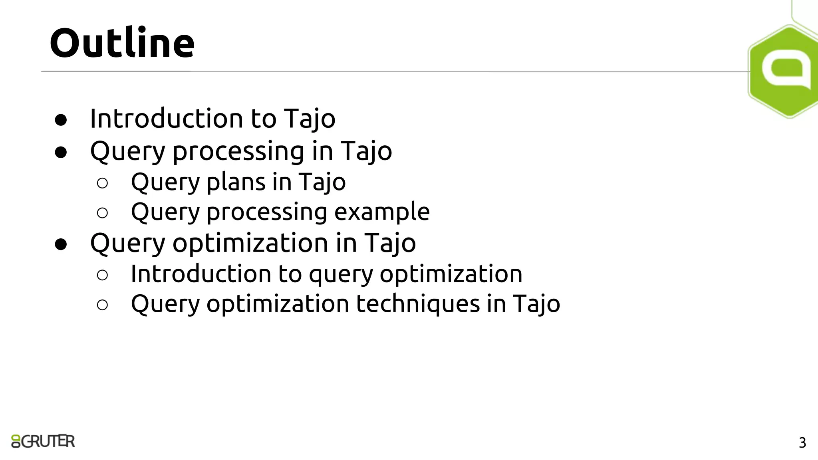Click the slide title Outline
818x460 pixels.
[x=122, y=43]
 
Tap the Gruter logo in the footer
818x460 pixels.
[x=43, y=441]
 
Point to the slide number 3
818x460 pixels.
[x=802, y=443]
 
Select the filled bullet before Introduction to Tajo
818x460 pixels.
[x=61, y=120]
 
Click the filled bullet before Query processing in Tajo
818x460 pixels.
[x=61, y=152]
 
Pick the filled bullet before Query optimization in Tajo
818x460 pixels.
[x=61, y=244]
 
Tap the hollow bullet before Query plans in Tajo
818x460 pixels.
[x=102, y=183]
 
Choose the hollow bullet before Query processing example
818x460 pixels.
[x=102, y=213]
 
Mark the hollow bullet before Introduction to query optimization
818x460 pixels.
[x=102, y=275]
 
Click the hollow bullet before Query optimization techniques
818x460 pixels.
[x=102, y=305]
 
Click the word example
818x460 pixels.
[x=382, y=212]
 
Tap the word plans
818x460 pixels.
[x=236, y=182]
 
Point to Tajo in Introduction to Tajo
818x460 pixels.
[x=310, y=119]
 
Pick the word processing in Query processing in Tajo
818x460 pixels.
[x=238, y=152]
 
